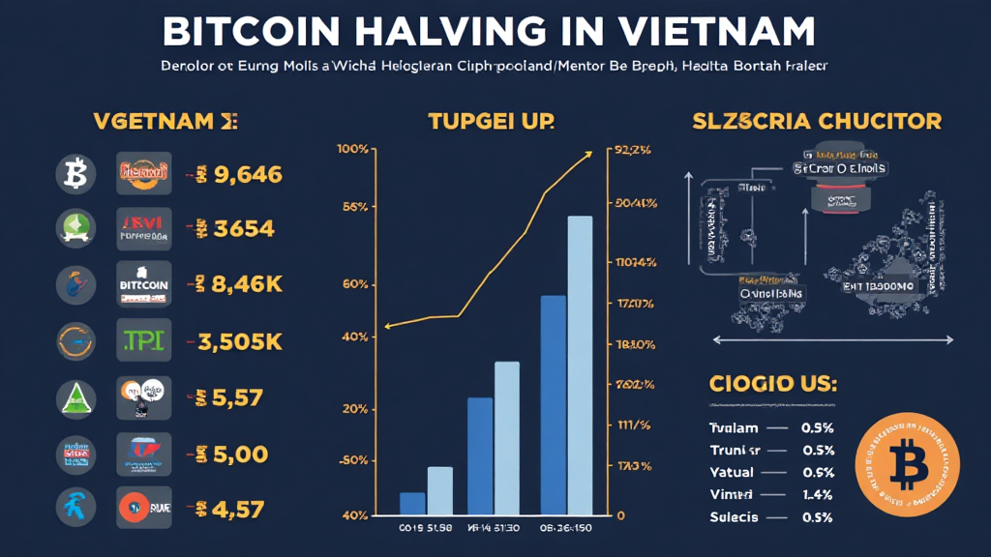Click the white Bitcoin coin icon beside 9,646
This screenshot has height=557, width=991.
[x=75, y=174]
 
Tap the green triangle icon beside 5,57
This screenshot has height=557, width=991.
[x=75, y=396]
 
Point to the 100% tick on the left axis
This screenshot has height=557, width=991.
[x=352, y=149]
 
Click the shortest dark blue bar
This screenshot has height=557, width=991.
[x=412, y=503]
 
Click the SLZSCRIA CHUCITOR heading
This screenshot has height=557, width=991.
[x=816, y=122]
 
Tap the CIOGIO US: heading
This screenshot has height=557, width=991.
[x=771, y=384]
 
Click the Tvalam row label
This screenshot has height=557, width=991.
[x=735, y=427]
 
